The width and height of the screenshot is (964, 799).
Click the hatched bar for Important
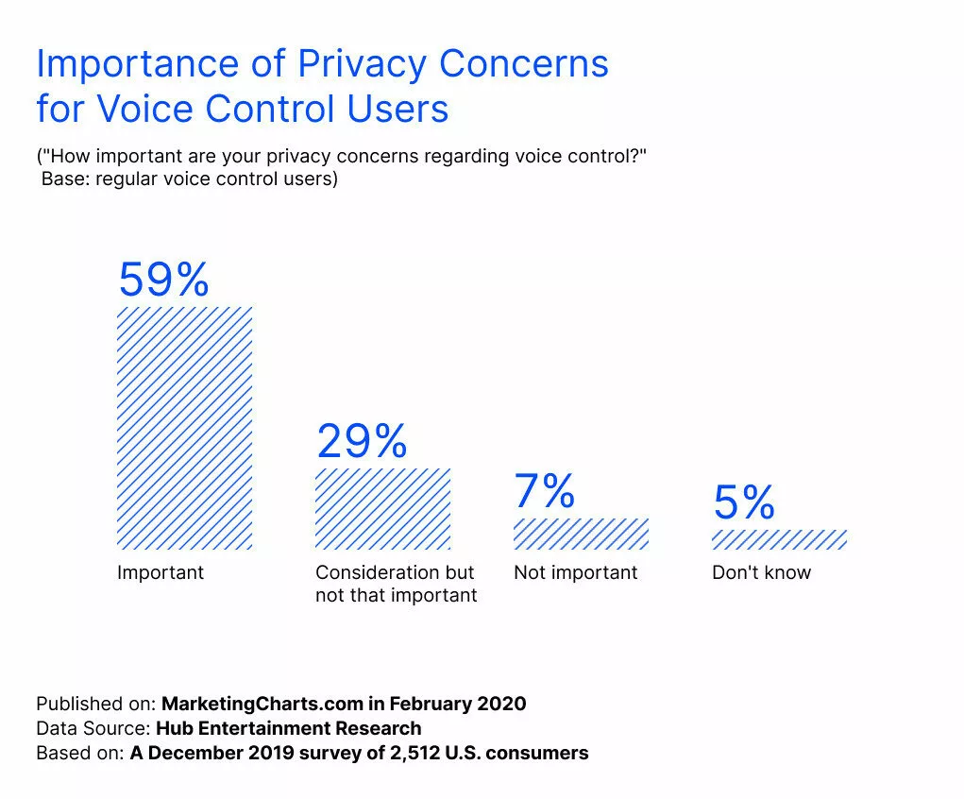[184, 428]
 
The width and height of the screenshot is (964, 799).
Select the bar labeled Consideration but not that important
[382, 508]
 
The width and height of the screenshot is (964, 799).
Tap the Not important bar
[581, 534]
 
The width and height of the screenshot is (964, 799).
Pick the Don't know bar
[779, 539]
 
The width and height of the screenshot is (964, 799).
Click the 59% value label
[163, 280]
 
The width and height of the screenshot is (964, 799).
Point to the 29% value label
[362, 441]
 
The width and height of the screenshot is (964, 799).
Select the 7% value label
[545, 492]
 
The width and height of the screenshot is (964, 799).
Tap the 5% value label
[744, 503]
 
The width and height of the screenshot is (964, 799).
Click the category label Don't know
[761, 572]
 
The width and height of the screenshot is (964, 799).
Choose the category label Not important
[576, 572]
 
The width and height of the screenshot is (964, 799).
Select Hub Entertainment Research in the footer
[289, 728]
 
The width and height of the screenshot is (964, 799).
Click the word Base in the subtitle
[64, 178]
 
